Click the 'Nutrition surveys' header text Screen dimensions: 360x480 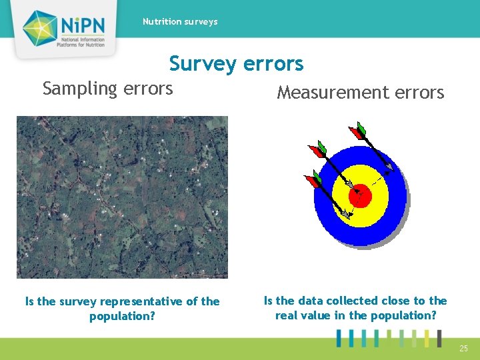point(180,22)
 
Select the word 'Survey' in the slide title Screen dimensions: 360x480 point(202,64)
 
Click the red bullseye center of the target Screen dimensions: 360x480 point(360,195)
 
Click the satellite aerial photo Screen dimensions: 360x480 point(122,197)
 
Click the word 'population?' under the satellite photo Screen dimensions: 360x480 point(122,316)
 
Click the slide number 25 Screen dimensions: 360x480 point(463,348)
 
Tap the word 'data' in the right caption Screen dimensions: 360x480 point(311,301)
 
